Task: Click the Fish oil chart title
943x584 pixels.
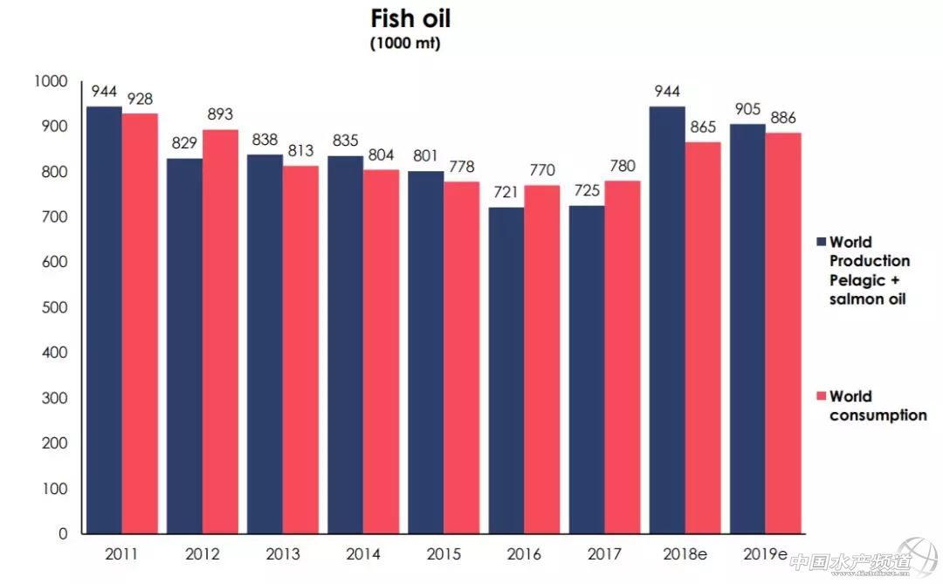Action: [410, 20]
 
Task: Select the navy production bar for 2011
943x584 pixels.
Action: [104, 319]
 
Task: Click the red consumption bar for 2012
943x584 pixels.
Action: [220, 332]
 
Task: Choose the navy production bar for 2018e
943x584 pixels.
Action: [667, 319]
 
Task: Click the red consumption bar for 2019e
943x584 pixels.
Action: [783, 333]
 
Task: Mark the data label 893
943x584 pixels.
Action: [220, 115]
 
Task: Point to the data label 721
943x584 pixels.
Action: [506, 192]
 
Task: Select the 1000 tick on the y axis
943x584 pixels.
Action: [50, 81]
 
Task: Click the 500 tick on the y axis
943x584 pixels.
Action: [53, 307]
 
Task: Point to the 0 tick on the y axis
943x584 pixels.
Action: [63, 533]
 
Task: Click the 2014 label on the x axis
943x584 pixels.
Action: [362, 554]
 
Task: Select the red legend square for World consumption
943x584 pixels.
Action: [821, 397]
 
